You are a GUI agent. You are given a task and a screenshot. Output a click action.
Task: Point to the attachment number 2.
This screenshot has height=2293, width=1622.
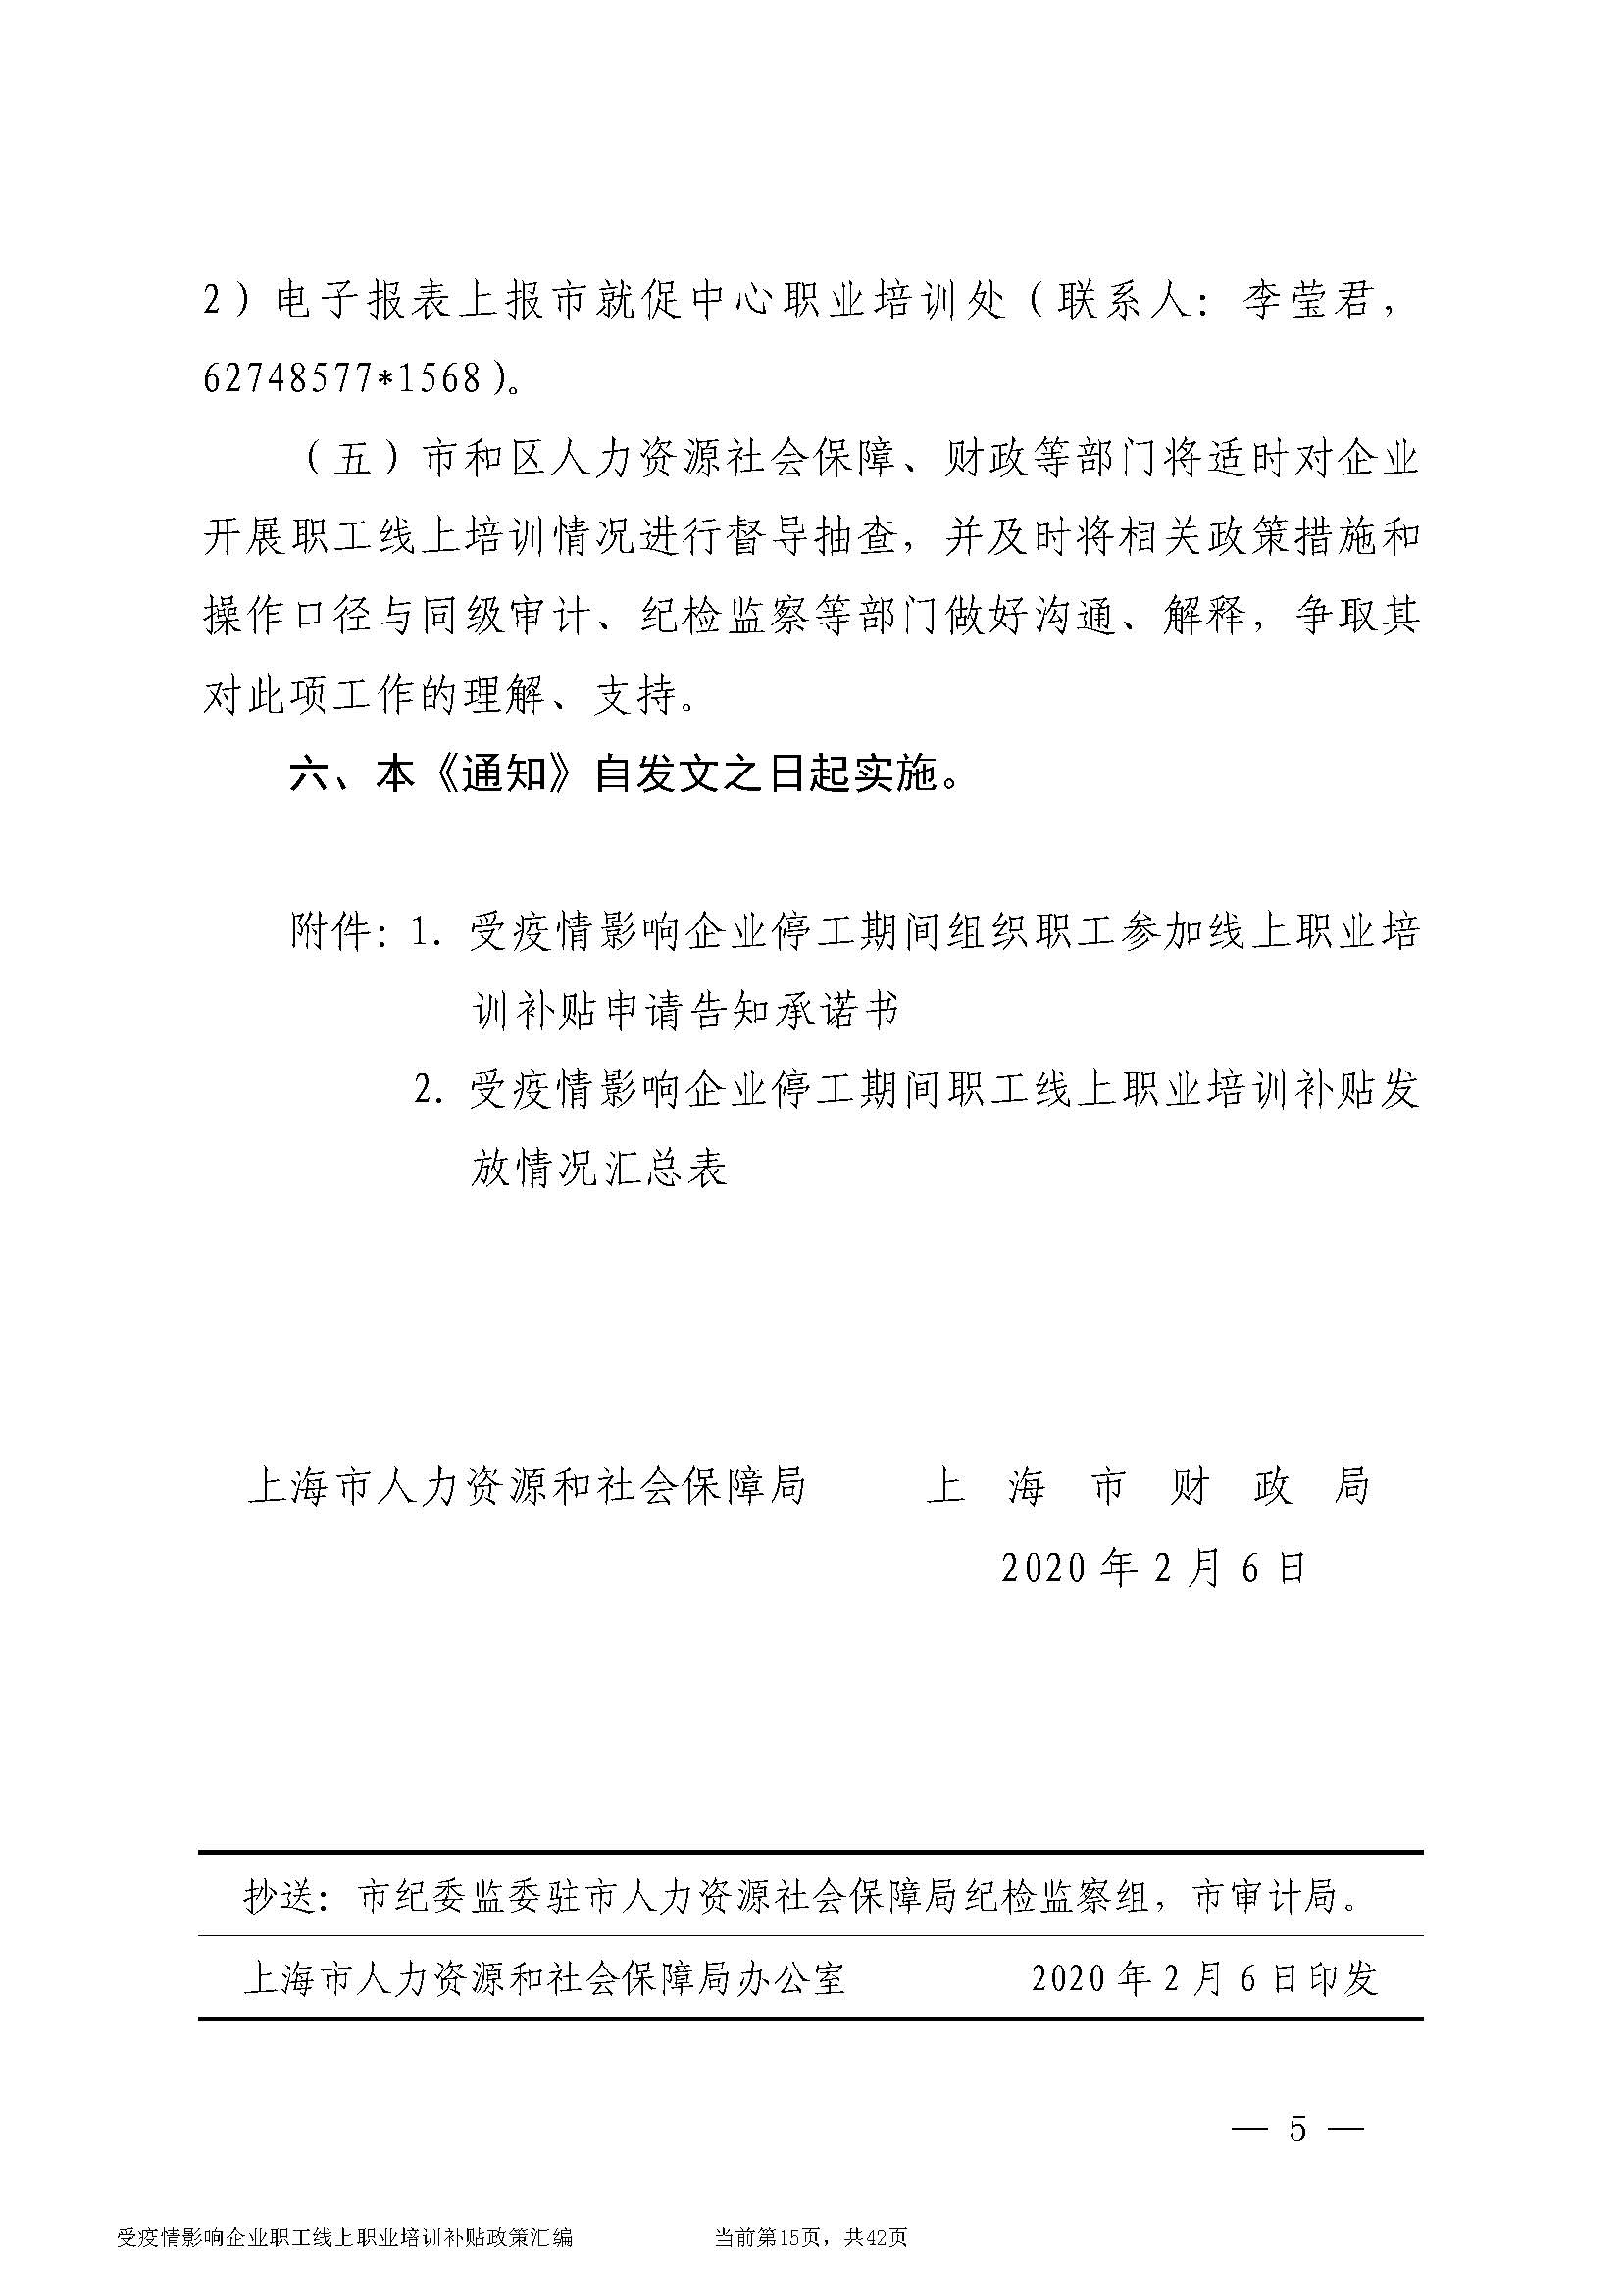point(428,1090)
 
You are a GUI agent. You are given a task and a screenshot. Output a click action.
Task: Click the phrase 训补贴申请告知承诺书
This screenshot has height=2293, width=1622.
point(685,1012)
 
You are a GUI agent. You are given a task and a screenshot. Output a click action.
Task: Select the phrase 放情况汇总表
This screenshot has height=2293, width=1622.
point(598,1169)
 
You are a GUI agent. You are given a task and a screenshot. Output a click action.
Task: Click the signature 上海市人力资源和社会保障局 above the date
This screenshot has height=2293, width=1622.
point(527,1486)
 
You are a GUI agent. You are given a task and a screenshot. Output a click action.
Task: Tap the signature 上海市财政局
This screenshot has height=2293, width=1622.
point(1147,1486)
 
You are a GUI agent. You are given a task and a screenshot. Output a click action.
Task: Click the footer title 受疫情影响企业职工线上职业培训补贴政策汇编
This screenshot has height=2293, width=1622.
point(344,2263)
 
